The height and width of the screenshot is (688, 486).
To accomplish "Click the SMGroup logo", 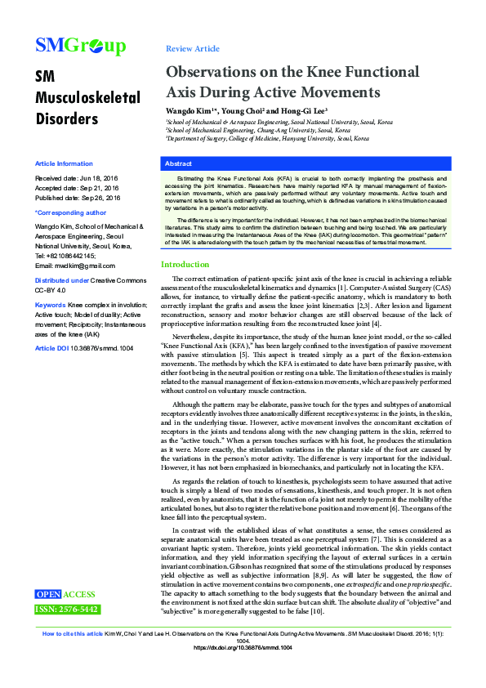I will [x=80, y=46].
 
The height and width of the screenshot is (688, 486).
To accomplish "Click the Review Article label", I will [x=192, y=49].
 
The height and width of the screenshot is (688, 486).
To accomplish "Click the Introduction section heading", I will [x=185, y=242].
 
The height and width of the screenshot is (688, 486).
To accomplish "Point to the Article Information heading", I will [x=64, y=163].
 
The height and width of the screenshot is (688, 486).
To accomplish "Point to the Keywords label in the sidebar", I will [x=50, y=305].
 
